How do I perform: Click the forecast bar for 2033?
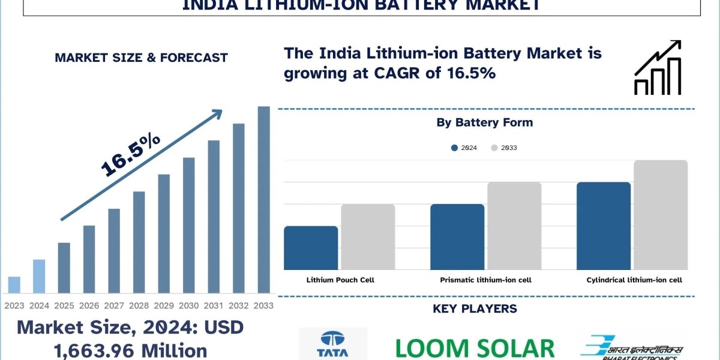(263, 199)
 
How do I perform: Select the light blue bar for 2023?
(14, 285)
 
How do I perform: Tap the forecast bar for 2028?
(139, 242)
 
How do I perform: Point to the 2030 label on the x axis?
(188, 305)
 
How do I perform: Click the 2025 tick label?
(64, 305)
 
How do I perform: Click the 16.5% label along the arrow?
(130, 155)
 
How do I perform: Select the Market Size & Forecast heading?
(141, 58)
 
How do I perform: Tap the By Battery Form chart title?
(485, 122)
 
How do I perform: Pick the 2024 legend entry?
(464, 148)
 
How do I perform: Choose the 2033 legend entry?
(503, 148)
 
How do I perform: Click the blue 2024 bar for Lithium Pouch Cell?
(311, 248)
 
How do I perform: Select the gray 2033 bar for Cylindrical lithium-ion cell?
(660, 215)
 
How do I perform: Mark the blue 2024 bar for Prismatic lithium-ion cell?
(457, 237)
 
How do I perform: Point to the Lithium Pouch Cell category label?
(340, 280)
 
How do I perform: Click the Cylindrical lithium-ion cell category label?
(634, 280)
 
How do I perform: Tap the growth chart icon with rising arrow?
(658, 67)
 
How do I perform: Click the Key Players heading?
(475, 309)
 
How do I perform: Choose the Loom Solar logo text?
(475, 348)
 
